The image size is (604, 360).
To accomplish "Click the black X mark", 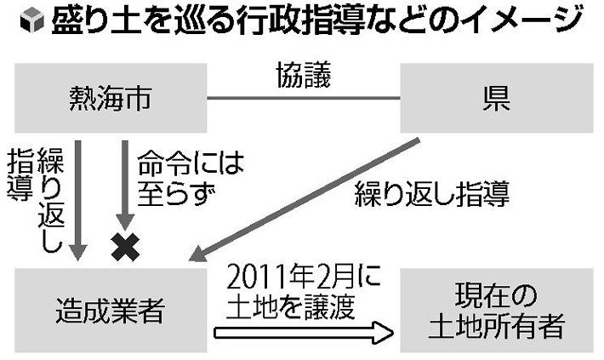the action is [125, 247].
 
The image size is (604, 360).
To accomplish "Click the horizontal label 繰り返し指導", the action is [431, 196].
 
